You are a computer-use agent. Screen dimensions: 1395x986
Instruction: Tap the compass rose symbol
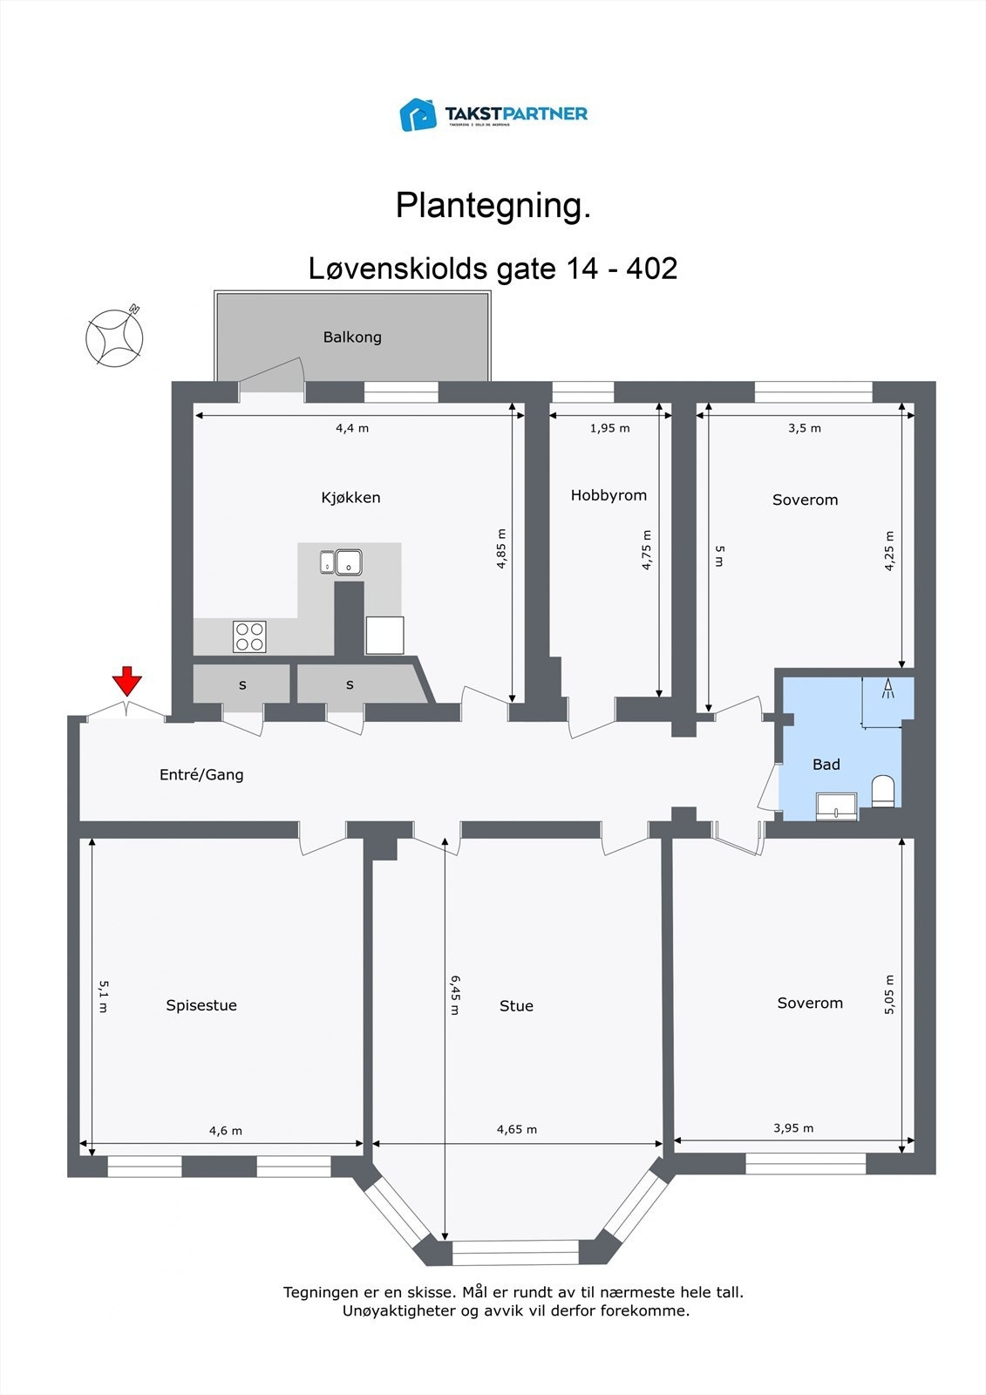[114, 337]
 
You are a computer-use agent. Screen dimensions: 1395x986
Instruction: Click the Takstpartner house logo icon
[418, 114]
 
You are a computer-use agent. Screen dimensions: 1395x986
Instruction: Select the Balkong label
[352, 337]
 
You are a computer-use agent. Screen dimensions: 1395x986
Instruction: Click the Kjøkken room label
[350, 498]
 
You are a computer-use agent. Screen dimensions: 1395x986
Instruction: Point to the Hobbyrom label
[609, 495]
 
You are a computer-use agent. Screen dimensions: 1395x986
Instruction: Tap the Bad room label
[826, 765]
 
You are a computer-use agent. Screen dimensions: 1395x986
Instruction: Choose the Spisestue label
[201, 1005]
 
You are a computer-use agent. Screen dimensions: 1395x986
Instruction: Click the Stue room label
[516, 1006]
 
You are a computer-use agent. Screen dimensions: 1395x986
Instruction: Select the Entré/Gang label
[201, 774]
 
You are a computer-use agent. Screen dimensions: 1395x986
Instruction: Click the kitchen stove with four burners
[249, 636]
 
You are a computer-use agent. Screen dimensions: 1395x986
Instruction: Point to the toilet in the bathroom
[883, 791]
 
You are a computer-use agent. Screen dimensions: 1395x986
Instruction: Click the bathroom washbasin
[836, 806]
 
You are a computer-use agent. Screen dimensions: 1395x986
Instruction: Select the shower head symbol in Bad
[888, 689]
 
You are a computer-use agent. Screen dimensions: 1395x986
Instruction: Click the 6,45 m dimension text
[454, 995]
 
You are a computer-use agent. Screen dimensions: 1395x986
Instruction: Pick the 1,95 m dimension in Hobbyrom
[609, 428]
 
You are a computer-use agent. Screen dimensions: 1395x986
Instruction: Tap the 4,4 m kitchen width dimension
[352, 428]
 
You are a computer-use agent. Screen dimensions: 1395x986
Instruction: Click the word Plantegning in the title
[493, 206]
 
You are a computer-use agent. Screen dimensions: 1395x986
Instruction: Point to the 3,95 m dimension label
[793, 1128]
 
